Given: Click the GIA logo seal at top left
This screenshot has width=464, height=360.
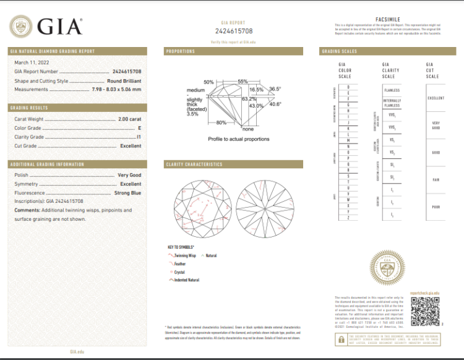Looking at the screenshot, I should click(x=22, y=27).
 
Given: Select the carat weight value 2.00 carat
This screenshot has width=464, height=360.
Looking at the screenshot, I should click(x=129, y=119).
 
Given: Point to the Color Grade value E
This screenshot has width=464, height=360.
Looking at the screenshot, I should click(x=139, y=128).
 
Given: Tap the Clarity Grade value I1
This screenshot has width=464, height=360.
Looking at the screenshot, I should click(x=139, y=137).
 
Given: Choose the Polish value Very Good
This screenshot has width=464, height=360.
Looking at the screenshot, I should click(x=129, y=175).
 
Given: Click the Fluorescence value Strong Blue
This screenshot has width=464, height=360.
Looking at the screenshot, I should click(x=128, y=193).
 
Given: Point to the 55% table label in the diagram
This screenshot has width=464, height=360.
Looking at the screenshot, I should click(x=243, y=82).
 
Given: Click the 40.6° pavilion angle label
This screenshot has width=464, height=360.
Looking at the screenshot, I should click(x=275, y=104).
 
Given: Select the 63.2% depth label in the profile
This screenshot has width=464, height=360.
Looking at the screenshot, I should click(x=249, y=99).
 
